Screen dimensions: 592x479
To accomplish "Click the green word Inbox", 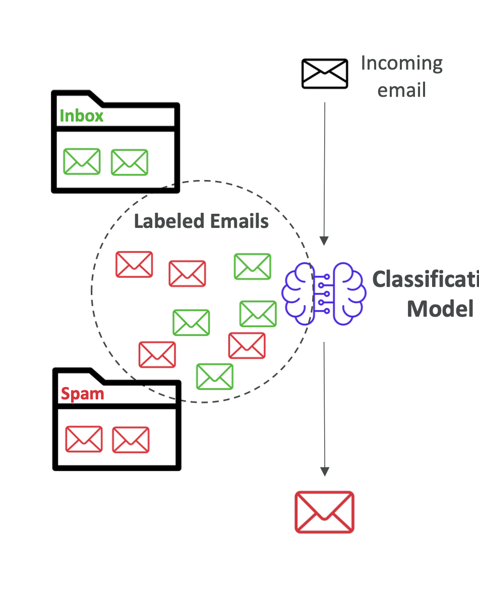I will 81,116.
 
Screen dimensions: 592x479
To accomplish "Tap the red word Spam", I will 82,394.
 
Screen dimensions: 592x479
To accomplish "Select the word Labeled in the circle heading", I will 169,221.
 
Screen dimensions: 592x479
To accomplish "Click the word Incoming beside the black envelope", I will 401,64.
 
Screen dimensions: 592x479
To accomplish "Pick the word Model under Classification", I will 440,308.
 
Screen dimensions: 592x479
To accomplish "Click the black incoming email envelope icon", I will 325,74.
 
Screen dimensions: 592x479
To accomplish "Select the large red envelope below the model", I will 324,512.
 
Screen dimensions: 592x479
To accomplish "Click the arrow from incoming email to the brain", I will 324,171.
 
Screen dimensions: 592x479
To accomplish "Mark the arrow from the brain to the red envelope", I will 324,408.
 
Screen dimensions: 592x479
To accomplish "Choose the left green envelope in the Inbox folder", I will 82,162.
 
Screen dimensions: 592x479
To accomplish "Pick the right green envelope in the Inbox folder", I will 130,162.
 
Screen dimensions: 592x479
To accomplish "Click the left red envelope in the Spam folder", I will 84,439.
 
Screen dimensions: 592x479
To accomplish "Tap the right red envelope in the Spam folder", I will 131,440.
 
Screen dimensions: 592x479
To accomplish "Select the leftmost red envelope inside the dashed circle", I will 134,264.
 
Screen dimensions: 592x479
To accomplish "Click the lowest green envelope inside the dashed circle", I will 215,377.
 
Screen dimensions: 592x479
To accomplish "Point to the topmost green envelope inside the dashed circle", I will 253,266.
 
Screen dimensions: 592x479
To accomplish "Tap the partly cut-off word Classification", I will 425,279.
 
